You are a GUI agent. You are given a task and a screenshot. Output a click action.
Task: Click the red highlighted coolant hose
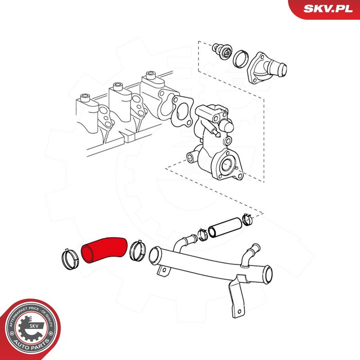[x=104, y=250]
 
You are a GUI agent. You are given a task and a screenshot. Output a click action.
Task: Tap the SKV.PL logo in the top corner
[x=328, y=9]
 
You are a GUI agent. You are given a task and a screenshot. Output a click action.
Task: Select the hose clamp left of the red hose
[x=70, y=260]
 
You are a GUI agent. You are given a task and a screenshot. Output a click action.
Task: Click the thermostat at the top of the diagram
[x=222, y=51]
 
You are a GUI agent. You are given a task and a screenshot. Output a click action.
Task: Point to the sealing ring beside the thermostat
[x=241, y=59]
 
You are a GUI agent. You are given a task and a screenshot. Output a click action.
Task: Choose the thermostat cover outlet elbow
[x=266, y=68]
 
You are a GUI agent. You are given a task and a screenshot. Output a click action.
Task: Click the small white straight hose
[x=225, y=228]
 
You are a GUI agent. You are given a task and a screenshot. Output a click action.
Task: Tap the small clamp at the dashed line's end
[x=248, y=219]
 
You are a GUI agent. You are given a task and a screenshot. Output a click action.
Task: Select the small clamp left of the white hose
[x=203, y=234]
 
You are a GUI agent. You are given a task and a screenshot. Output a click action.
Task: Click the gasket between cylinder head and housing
[x=183, y=111]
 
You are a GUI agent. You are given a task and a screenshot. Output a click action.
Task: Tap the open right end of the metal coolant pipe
[x=268, y=274]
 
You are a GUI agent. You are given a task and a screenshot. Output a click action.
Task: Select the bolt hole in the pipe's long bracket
[x=239, y=311]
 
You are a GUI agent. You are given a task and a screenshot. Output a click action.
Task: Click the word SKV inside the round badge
[x=34, y=326]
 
